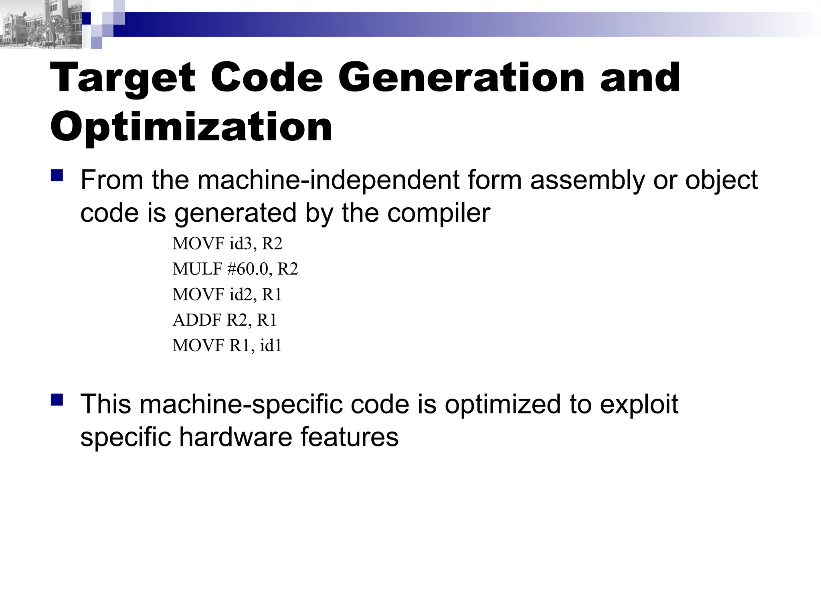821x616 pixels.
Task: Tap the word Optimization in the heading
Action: (191, 127)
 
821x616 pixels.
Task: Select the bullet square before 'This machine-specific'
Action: (57, 400)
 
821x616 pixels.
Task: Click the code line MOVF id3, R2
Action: (227, 244)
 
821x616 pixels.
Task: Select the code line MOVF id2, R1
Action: (227, 295)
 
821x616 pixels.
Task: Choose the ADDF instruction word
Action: (197, 320)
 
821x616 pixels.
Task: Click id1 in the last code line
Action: (271, 346)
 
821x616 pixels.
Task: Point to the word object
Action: (721, 180)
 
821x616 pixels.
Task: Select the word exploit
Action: (639, 404)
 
